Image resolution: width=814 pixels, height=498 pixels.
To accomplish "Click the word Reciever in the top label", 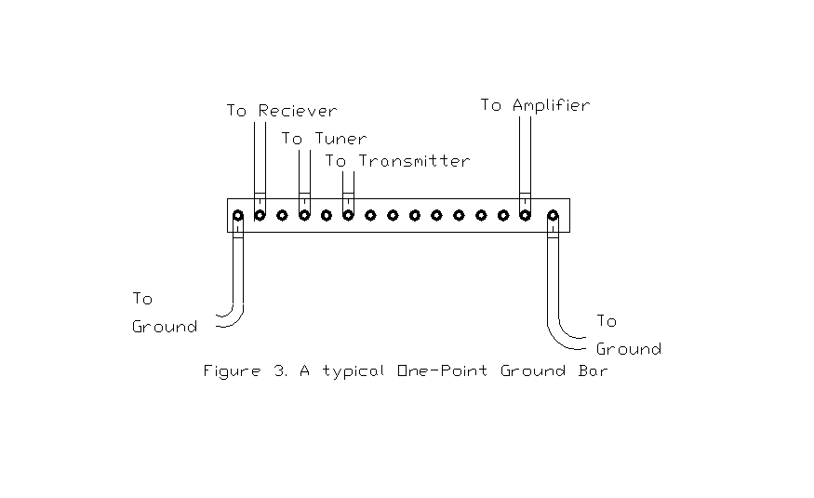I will click(x=298, y=111).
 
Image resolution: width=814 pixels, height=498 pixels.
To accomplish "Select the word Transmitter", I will click(x=413, y=161).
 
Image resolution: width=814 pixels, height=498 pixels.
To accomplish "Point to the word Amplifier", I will click(x=547, y=105).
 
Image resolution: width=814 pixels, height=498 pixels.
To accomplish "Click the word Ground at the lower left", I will click(x=165, y=327).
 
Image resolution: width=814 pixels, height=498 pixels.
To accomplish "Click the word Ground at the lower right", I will click(x=628, y=349).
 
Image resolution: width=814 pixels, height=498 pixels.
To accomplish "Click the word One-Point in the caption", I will click(x=444, y=371).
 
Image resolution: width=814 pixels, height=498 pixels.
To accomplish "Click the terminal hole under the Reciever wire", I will click(x=260, y=215).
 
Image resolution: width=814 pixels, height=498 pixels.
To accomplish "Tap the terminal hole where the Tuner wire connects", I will click(x=304, y=215).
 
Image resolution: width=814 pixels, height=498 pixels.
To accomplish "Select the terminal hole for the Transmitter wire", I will click(x=348, y=215).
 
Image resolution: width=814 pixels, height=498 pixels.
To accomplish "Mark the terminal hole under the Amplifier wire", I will click(x=525, y=215).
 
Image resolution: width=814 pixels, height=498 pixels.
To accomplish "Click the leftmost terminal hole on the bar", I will click(x=238, y=216).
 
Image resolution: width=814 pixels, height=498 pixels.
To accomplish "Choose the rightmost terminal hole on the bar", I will click(x=554, y=216).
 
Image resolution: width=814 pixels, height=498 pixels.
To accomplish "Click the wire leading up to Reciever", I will click(x=260, y=158).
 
